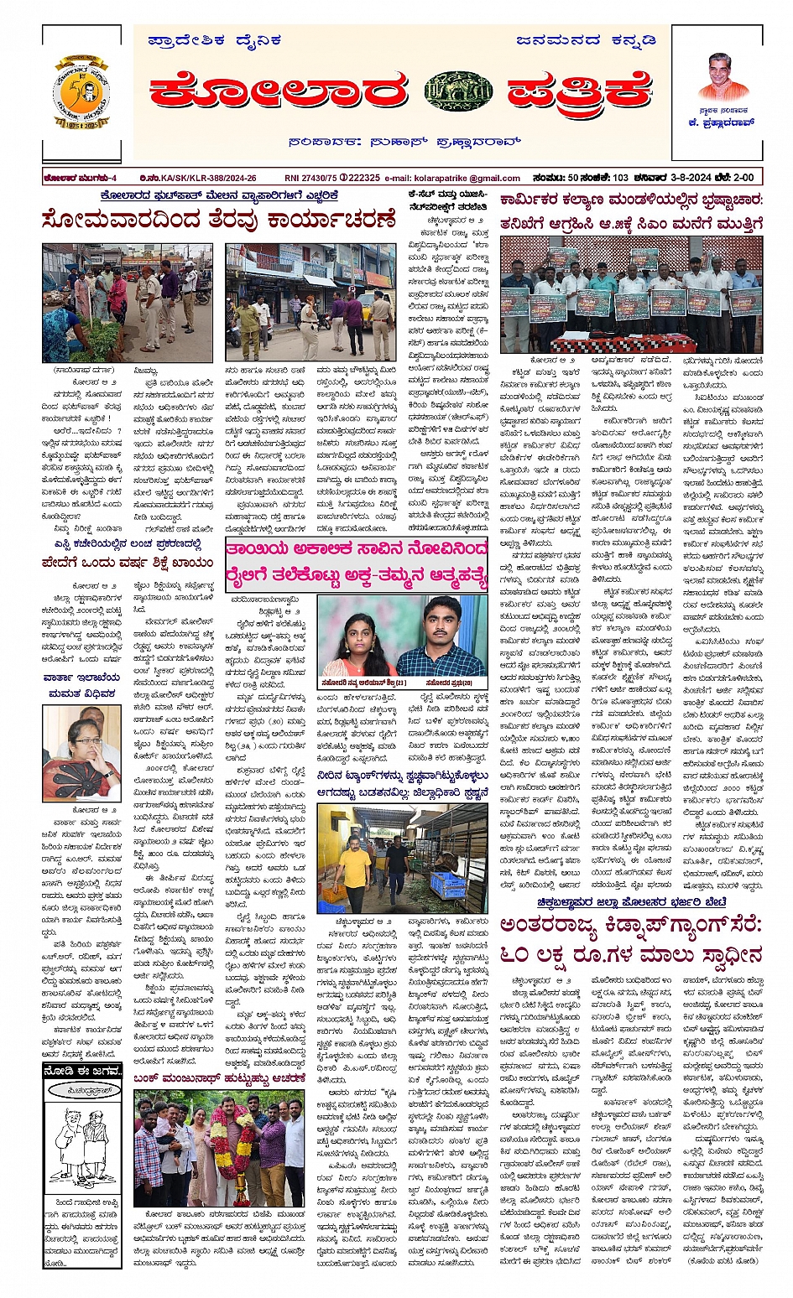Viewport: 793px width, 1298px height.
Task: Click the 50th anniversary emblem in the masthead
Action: point(81,93)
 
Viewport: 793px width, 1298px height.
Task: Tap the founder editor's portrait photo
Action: point(723,77)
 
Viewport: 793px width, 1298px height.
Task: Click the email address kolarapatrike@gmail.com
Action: point(476,178)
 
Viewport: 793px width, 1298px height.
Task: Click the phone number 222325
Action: point(362,178)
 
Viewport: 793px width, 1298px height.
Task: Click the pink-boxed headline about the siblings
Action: point(356,567)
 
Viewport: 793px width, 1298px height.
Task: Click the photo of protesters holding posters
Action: point(630,293)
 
